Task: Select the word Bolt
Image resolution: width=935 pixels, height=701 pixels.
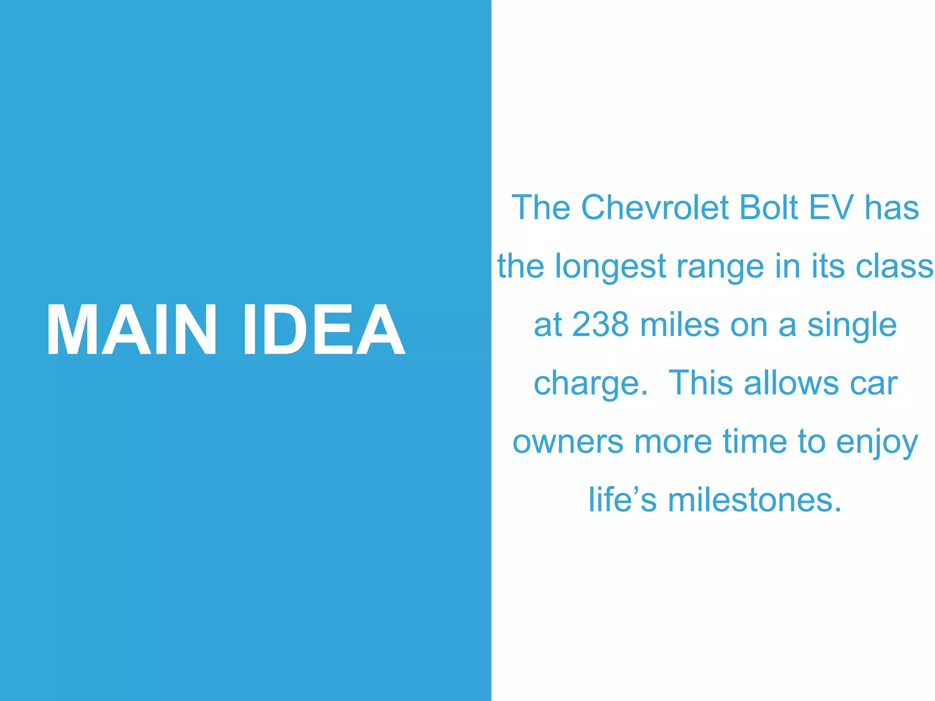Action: pyautogui.click(x=768, y=208)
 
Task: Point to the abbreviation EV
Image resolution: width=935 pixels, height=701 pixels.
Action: pyautogui.click(x=831, y=208)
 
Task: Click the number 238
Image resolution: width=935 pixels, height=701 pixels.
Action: pyautogui.click(x=600, y=324)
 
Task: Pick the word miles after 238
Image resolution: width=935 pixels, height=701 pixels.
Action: pyautogui.click(x=680, y=324)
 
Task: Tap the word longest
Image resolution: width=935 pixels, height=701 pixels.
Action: pyautogui.click(x=610, y=267)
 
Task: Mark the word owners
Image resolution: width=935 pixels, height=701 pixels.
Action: pyautogui.click(x=567, y=442)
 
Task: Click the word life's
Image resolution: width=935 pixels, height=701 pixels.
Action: pyautogui.click(x=622, y=500)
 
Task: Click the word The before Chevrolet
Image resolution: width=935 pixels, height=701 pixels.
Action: pyautogui.click(x=541, y=208)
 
